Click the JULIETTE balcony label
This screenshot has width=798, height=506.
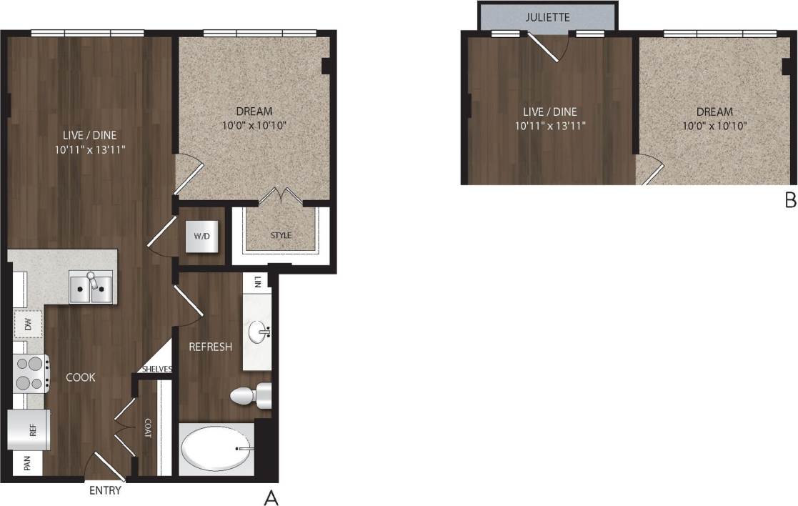547,17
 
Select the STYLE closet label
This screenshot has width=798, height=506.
281,235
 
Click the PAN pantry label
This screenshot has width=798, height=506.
28,465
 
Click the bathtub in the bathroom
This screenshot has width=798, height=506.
216,450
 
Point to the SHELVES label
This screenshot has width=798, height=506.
157,369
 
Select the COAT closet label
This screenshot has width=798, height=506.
148,427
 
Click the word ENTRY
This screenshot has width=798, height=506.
105,491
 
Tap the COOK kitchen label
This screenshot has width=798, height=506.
81,377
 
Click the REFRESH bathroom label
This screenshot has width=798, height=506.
210,347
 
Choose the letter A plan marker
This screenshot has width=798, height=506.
271,497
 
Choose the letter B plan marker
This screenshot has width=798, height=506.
790,201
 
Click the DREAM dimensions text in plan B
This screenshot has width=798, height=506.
714,126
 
